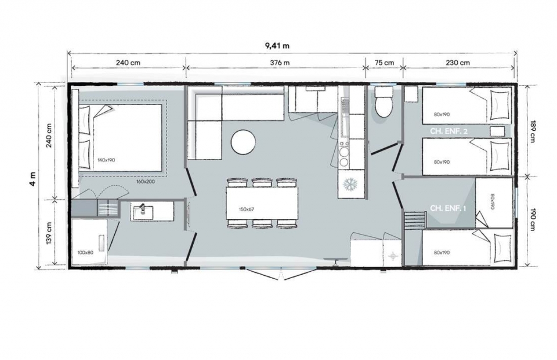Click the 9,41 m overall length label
click(277, 45)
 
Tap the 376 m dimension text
click(280, 63)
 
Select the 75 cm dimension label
click(384, 63)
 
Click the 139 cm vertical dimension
click(49, 232)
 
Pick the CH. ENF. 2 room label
click(449, 131)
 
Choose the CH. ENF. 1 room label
click(448, 208)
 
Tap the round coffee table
click(243, 142)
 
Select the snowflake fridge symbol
click(351, 184)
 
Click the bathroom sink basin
click(143, 212)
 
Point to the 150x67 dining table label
click(247, 209)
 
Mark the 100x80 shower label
click(85, 253)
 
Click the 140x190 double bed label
click(106, 160)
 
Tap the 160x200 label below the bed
click(146, 181)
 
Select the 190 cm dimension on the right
click(532, 220)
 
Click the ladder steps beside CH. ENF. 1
click(415, 220)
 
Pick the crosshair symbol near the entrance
click(393, 255)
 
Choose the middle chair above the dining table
click(262, 182)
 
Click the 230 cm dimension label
click(458, 63)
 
